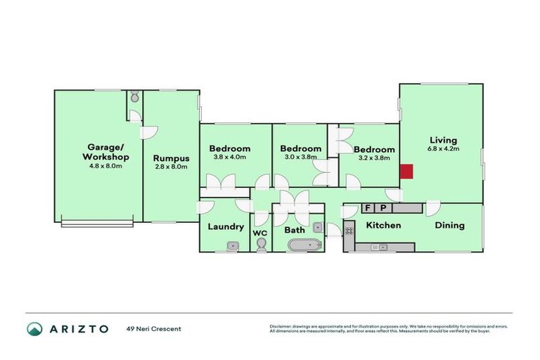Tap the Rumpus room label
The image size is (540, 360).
pos(171,157)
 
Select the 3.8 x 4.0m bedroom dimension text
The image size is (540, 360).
pos(230,157)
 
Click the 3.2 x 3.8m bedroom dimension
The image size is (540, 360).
pos(373,159)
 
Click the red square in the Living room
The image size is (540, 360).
pos(406,172)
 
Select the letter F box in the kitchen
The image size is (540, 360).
pos(367,208)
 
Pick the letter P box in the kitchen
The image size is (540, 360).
pos(383,208)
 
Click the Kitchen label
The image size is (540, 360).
pos(383,225)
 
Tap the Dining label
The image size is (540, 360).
pos(449,225)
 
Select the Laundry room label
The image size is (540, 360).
pos(226,226)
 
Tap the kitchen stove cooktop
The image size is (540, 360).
pos(348,228)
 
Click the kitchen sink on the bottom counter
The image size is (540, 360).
pos(379,247)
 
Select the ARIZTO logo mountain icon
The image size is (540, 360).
pos(34,329)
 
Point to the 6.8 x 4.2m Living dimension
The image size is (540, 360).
pos(443,148)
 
